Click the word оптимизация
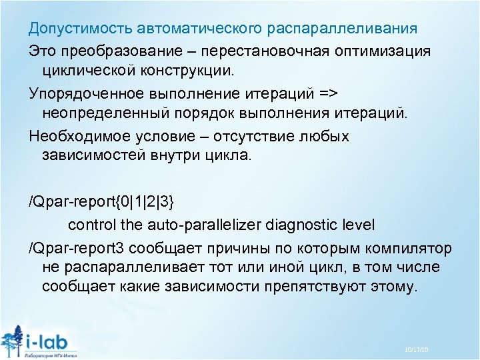[382, 51]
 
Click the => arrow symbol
[329, 92]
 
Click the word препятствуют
[313, 287]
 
